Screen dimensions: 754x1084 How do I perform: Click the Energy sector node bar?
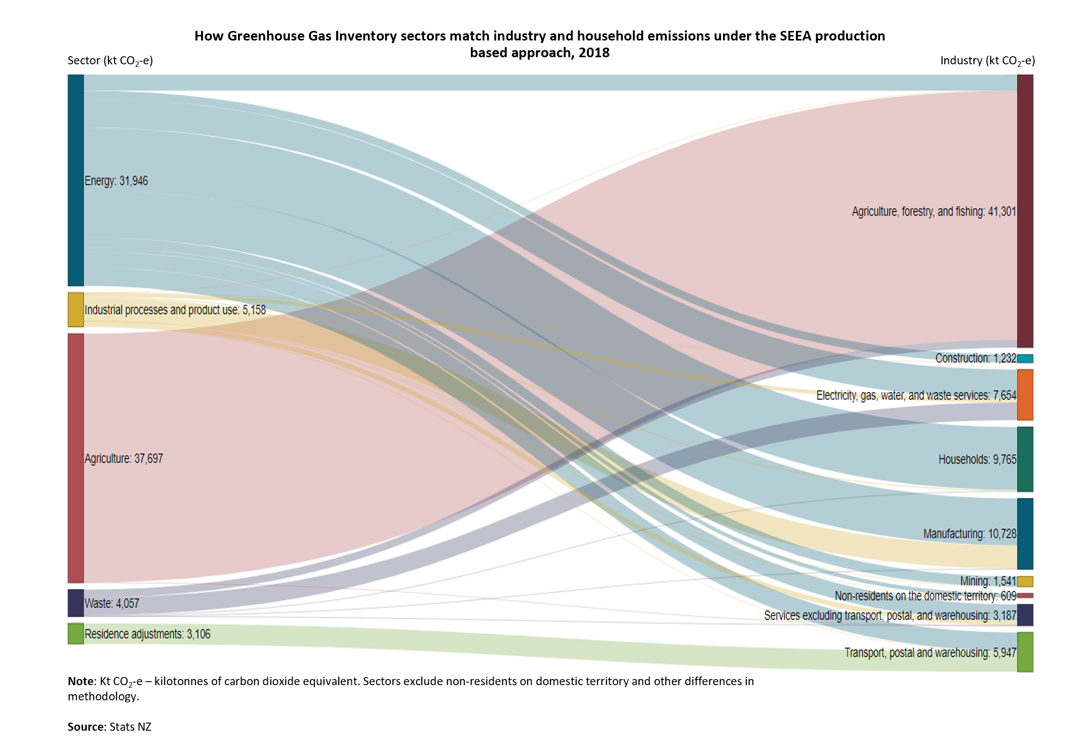[x=75, y=180]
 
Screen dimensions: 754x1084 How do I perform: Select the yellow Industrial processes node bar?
[x=75, y=309]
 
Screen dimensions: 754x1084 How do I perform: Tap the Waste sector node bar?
[x=75, y=603]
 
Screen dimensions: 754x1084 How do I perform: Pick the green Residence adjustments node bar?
[x=75, y=633]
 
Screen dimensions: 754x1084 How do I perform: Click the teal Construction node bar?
[x=1025, y=359]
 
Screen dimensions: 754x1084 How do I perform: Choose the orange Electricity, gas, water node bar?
[x=1025, y=394]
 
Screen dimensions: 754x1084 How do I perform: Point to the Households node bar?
[x=1025, y=459]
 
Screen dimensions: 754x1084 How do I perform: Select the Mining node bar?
[x=1025, y=581]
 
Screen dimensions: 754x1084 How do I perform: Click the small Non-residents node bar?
[x=1025, y=596]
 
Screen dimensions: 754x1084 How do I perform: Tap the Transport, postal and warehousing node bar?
[x=1025, y=652]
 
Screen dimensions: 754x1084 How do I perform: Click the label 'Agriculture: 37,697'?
[x=124, y=459]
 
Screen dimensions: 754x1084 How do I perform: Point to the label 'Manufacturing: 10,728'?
[x=969, y=534]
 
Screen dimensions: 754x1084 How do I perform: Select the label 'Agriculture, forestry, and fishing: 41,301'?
[x=934, y=212]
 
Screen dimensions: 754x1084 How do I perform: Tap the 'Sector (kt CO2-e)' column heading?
[x=110, y=61]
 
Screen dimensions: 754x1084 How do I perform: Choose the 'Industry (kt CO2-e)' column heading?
[x=987, y=61]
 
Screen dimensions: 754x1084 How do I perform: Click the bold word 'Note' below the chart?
[x=81, y=681]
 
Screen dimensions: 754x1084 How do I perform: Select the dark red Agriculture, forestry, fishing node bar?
[x=1025, y=211]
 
